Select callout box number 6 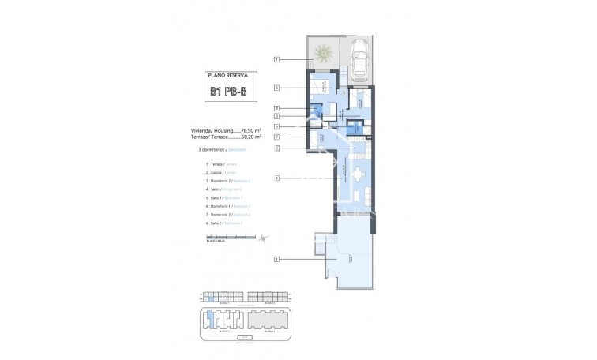(x=277, y=88)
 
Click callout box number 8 (x=277, y=108)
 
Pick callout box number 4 (x=277, y=178)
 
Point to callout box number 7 (x=277, y=137)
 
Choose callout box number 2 (x=277, y=148)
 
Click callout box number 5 (x=277, y=126)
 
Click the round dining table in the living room (x=359, y=175)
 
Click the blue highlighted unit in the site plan (x=210, y=321)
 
